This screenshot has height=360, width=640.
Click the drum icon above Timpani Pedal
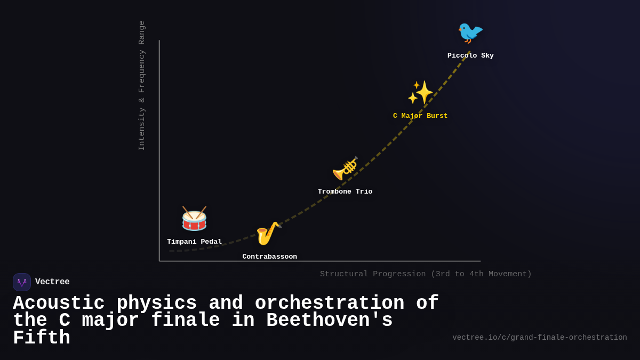tap(194, 219)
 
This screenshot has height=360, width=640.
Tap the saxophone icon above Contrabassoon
tap(268, 233)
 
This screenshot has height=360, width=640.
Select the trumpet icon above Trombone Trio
tap(345, 169)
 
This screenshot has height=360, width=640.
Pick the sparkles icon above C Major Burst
tap(420, 93)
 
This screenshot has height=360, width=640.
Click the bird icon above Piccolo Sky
tap(470, 33)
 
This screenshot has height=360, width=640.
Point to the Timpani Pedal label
tap(194, 242)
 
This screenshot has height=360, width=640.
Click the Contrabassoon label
tap(269, 257)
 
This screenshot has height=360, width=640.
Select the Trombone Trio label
tap(345, 192)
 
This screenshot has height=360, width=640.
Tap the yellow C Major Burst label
tap(420, 116)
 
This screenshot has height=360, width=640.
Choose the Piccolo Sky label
tap(470, 56)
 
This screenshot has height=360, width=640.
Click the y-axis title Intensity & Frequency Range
tap(142, 85)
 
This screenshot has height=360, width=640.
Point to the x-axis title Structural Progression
tap(426, 274)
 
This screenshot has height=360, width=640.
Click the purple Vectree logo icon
tap(22, 282)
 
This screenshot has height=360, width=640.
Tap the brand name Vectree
tap(52, 282)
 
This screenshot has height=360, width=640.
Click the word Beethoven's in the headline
tap(329, 321)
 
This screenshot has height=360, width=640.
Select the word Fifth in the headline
tap(42, 338)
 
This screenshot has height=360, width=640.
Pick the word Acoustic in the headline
tap(59, 303)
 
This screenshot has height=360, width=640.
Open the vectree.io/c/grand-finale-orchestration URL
tap(539, 338)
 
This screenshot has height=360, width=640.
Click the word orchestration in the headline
tap(329, 303)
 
